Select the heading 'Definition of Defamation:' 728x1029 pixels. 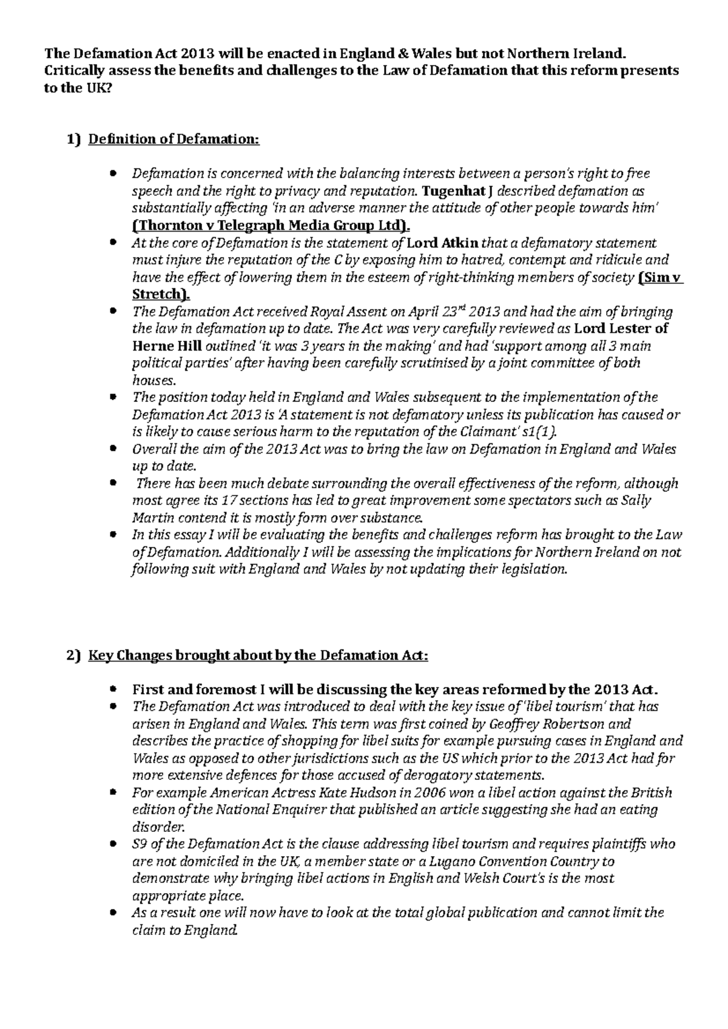(174, 139)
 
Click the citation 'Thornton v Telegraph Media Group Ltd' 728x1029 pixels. (269, 226)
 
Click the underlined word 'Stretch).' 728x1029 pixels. (161, 295)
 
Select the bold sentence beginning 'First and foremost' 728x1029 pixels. (394, 689)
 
